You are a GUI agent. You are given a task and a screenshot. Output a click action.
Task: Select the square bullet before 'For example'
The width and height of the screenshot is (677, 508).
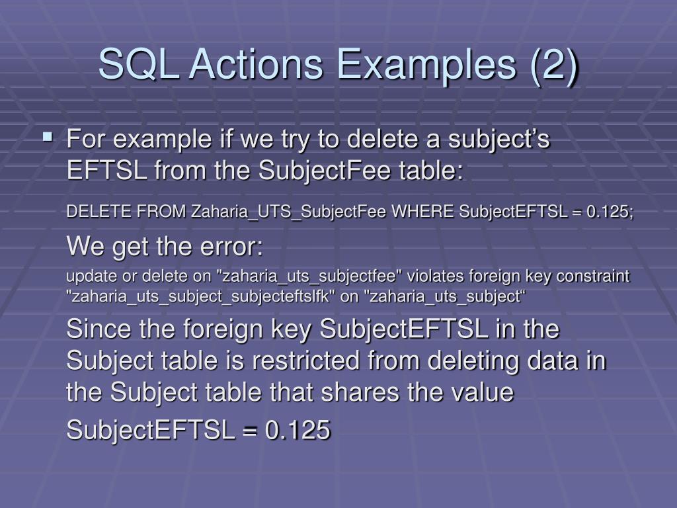(x=48, y=138)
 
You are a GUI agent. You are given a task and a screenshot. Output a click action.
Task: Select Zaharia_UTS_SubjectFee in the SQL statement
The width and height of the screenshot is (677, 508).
(x=290, y=211)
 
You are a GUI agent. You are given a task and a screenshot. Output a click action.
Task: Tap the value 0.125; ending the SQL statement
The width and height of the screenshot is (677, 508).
(x=611, y=211)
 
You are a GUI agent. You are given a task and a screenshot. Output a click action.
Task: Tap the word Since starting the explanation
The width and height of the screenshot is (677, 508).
(x=99, y=329)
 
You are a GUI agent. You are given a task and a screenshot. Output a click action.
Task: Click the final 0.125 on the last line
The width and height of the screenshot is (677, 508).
(x=298, y=431)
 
